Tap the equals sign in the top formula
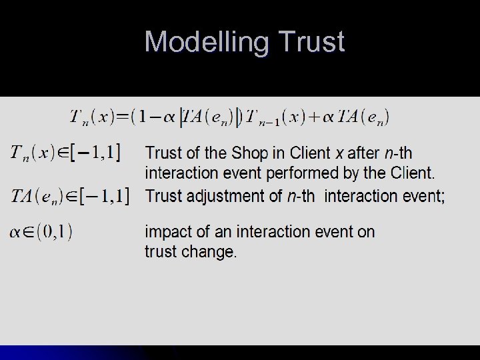[123, 117]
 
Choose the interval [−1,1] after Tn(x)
[97, 153]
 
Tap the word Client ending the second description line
[412, 173]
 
